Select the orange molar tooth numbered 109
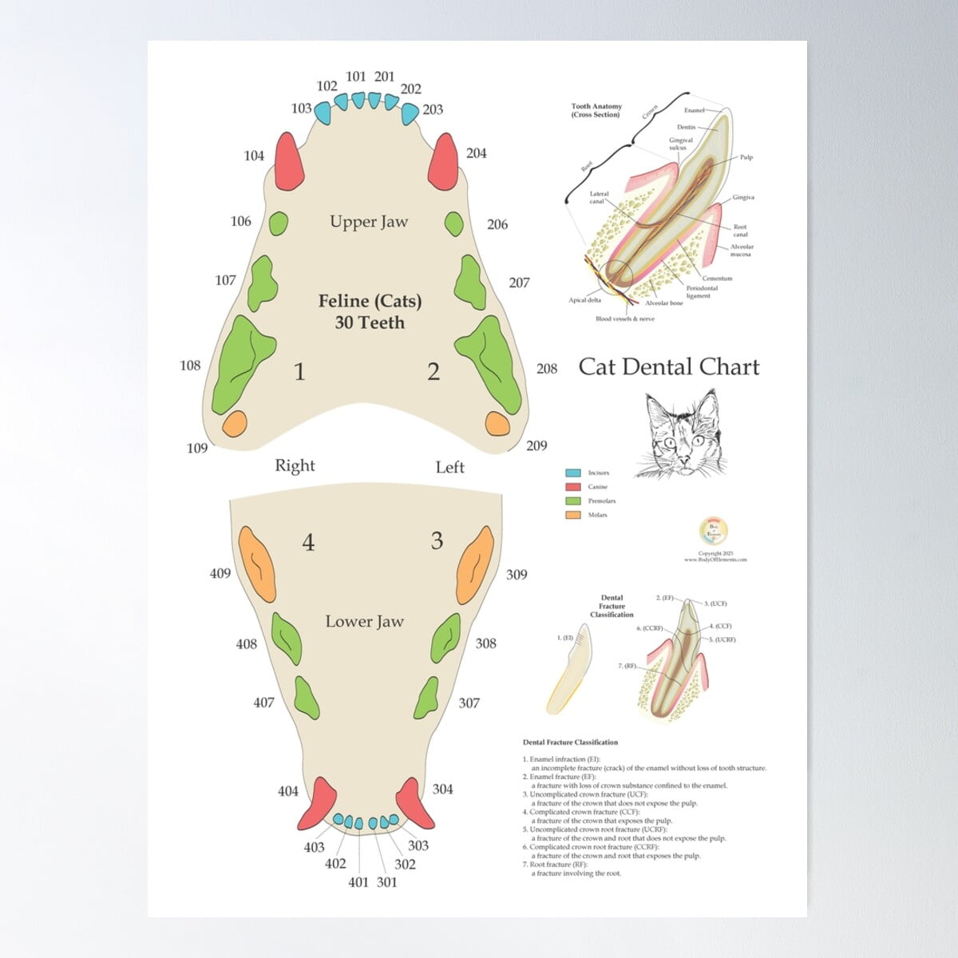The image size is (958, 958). (236, 423)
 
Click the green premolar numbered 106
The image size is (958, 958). (278, 224)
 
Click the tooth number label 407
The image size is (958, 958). (263, 703)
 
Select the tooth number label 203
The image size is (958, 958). (432, 109)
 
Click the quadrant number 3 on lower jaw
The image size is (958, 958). (437, 540)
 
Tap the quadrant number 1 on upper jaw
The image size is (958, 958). (299, 372)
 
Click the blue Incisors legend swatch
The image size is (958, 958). (572, 473)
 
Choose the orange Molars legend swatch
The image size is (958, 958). (572, 515)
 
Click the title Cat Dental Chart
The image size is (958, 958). (668, 366)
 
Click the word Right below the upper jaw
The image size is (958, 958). (295, 465)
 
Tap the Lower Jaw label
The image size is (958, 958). (364, 621)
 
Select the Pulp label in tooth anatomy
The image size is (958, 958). (746, 157)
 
